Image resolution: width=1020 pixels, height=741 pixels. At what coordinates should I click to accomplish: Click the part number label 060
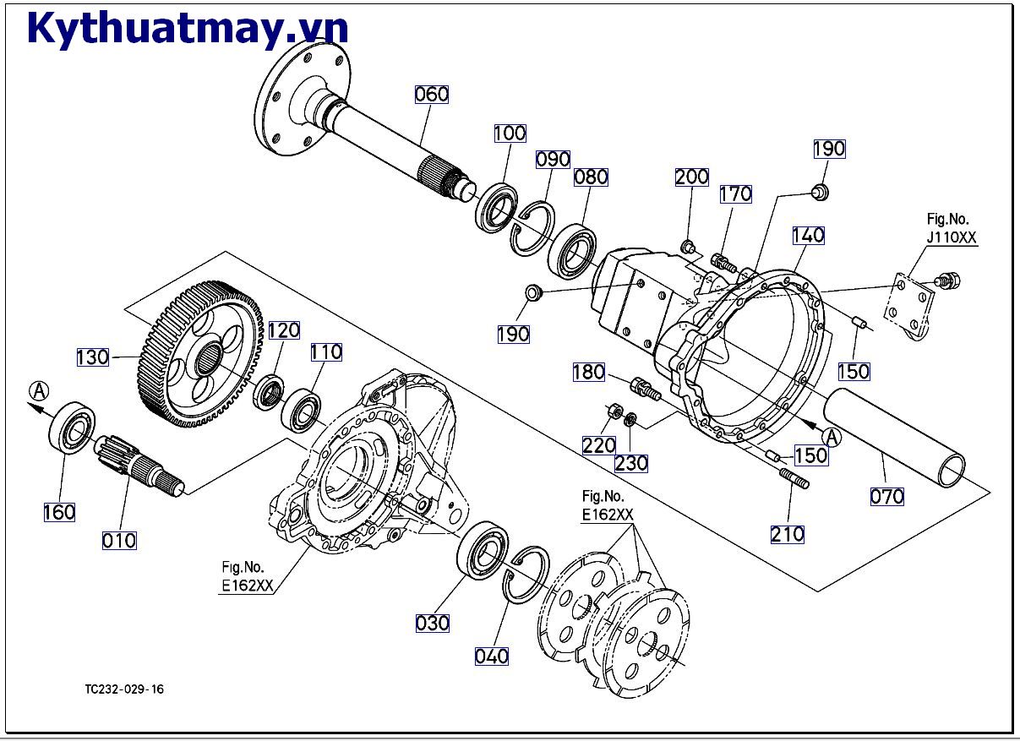(432, 94)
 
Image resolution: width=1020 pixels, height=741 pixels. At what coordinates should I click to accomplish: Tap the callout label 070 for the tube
(887, 496)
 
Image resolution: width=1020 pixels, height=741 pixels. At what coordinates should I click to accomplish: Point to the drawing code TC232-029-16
(125, 689)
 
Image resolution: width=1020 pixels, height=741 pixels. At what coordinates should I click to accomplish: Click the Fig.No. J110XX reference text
(951, 229)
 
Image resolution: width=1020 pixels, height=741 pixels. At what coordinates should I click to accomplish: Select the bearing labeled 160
(72, 429)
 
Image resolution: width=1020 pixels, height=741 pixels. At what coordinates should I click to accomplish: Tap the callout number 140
(808, 236)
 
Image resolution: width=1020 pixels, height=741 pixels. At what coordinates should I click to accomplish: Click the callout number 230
(631, 462)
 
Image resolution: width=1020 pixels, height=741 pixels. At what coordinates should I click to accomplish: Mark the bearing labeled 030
(482, 551)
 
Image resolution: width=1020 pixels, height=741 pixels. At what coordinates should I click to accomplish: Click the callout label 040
(492, 656)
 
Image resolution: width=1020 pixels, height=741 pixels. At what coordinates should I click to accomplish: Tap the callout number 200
(691, 177)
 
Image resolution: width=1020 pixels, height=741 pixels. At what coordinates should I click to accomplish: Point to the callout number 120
(284, 330)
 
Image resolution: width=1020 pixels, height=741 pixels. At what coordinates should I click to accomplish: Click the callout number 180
(589, 372)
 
